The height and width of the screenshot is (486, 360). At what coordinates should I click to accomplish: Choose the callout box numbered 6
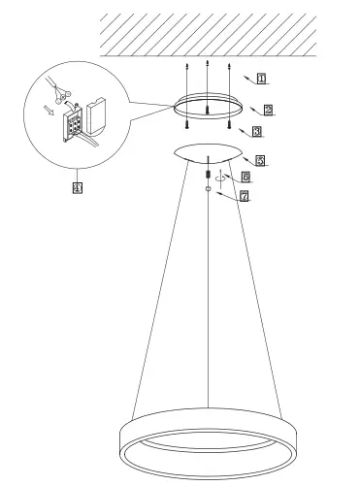point(245,178)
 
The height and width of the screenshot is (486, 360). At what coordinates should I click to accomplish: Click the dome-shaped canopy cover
point(207,152)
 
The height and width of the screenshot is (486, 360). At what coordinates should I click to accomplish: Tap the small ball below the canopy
point(208,191)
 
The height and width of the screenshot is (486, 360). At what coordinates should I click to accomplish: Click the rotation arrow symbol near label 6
point(221,178)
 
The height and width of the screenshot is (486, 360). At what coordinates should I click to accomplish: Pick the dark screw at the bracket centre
point(208,111)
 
